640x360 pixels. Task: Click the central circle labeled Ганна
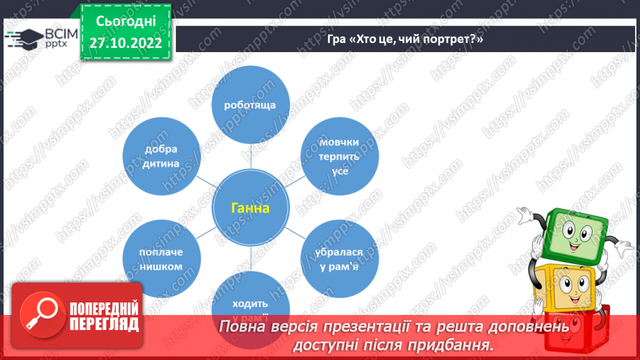[x=251, y=208]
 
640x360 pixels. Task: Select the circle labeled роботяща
[x=250, y=105]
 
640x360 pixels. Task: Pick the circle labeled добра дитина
[x=161, y=156]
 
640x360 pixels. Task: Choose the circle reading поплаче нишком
[x=161, y=259]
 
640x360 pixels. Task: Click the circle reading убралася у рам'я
[x=340, y=259]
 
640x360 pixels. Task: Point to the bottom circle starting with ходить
[x=250, y=299]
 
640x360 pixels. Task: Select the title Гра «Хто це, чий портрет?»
[x=405, y=40]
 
